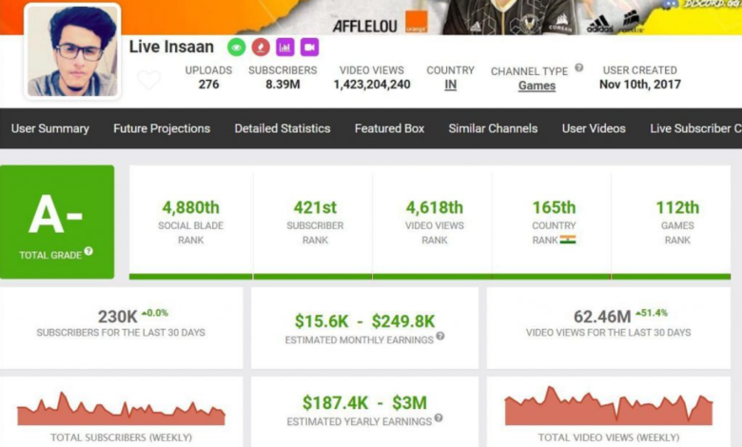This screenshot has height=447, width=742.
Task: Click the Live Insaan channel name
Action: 171,48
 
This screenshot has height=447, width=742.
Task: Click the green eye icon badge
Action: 236,47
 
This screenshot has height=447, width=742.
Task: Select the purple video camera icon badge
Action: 309,47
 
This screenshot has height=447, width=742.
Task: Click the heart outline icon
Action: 149,80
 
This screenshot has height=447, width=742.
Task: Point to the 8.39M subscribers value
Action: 283,85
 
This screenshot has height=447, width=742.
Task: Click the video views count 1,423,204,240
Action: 372,85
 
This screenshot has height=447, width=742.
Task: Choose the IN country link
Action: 450,85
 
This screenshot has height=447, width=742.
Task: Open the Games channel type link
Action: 537,86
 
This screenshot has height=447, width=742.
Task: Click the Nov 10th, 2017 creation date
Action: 639,85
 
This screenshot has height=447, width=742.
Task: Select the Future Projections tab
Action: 162,128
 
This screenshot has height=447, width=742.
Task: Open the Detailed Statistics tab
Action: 283,128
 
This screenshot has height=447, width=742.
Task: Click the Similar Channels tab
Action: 493,128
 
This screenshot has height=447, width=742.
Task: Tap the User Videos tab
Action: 594,128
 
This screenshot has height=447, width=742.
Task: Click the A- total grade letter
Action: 56,216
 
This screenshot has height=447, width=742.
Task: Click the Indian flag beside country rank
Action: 568,240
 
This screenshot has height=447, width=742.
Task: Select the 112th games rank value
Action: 677,207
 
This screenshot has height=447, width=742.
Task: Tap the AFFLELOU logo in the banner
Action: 364,26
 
